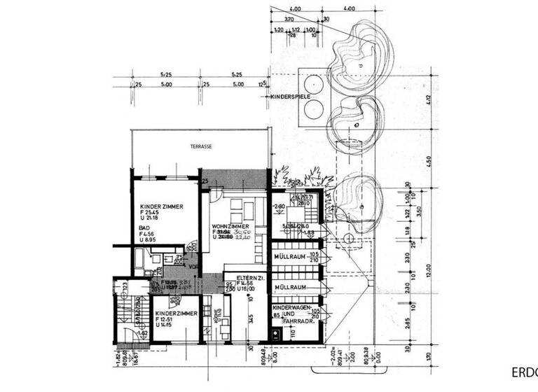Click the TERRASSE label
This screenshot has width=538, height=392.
201,147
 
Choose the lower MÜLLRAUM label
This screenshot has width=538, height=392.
291,288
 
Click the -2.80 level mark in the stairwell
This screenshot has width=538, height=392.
280,206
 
